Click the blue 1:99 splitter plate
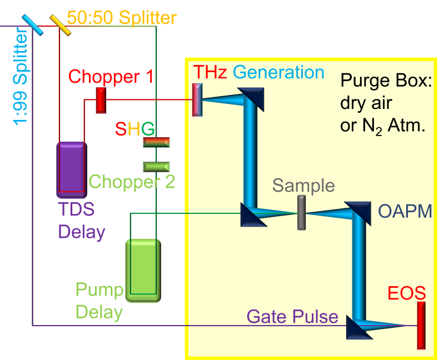(32, 25)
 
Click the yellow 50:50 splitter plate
(60, 25)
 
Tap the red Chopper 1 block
(101, 100)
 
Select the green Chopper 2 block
(156, 166)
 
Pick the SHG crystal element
(156, 142)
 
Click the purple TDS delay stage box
(71, 169)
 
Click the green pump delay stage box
(143, 271)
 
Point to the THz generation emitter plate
(197, 100)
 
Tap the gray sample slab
(302, 213)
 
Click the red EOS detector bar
(421, 325)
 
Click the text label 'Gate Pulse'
(292, 317)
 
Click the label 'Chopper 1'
(111, 77)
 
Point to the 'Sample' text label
(303, 186)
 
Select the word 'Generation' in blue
(278, 72)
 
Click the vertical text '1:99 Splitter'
(21, 78)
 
